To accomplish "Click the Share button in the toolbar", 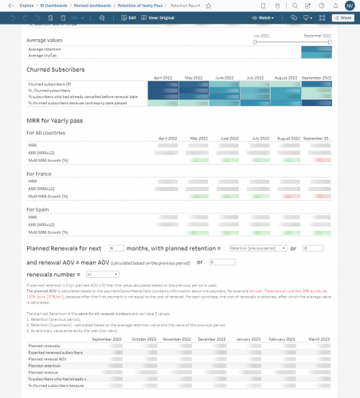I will [344, 17].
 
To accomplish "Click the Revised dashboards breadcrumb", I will [94, 5].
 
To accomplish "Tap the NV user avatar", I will [350, 6].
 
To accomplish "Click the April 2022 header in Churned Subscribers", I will [162, 78].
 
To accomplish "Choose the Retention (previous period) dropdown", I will [257, 248].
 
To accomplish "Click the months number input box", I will [115, 248].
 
